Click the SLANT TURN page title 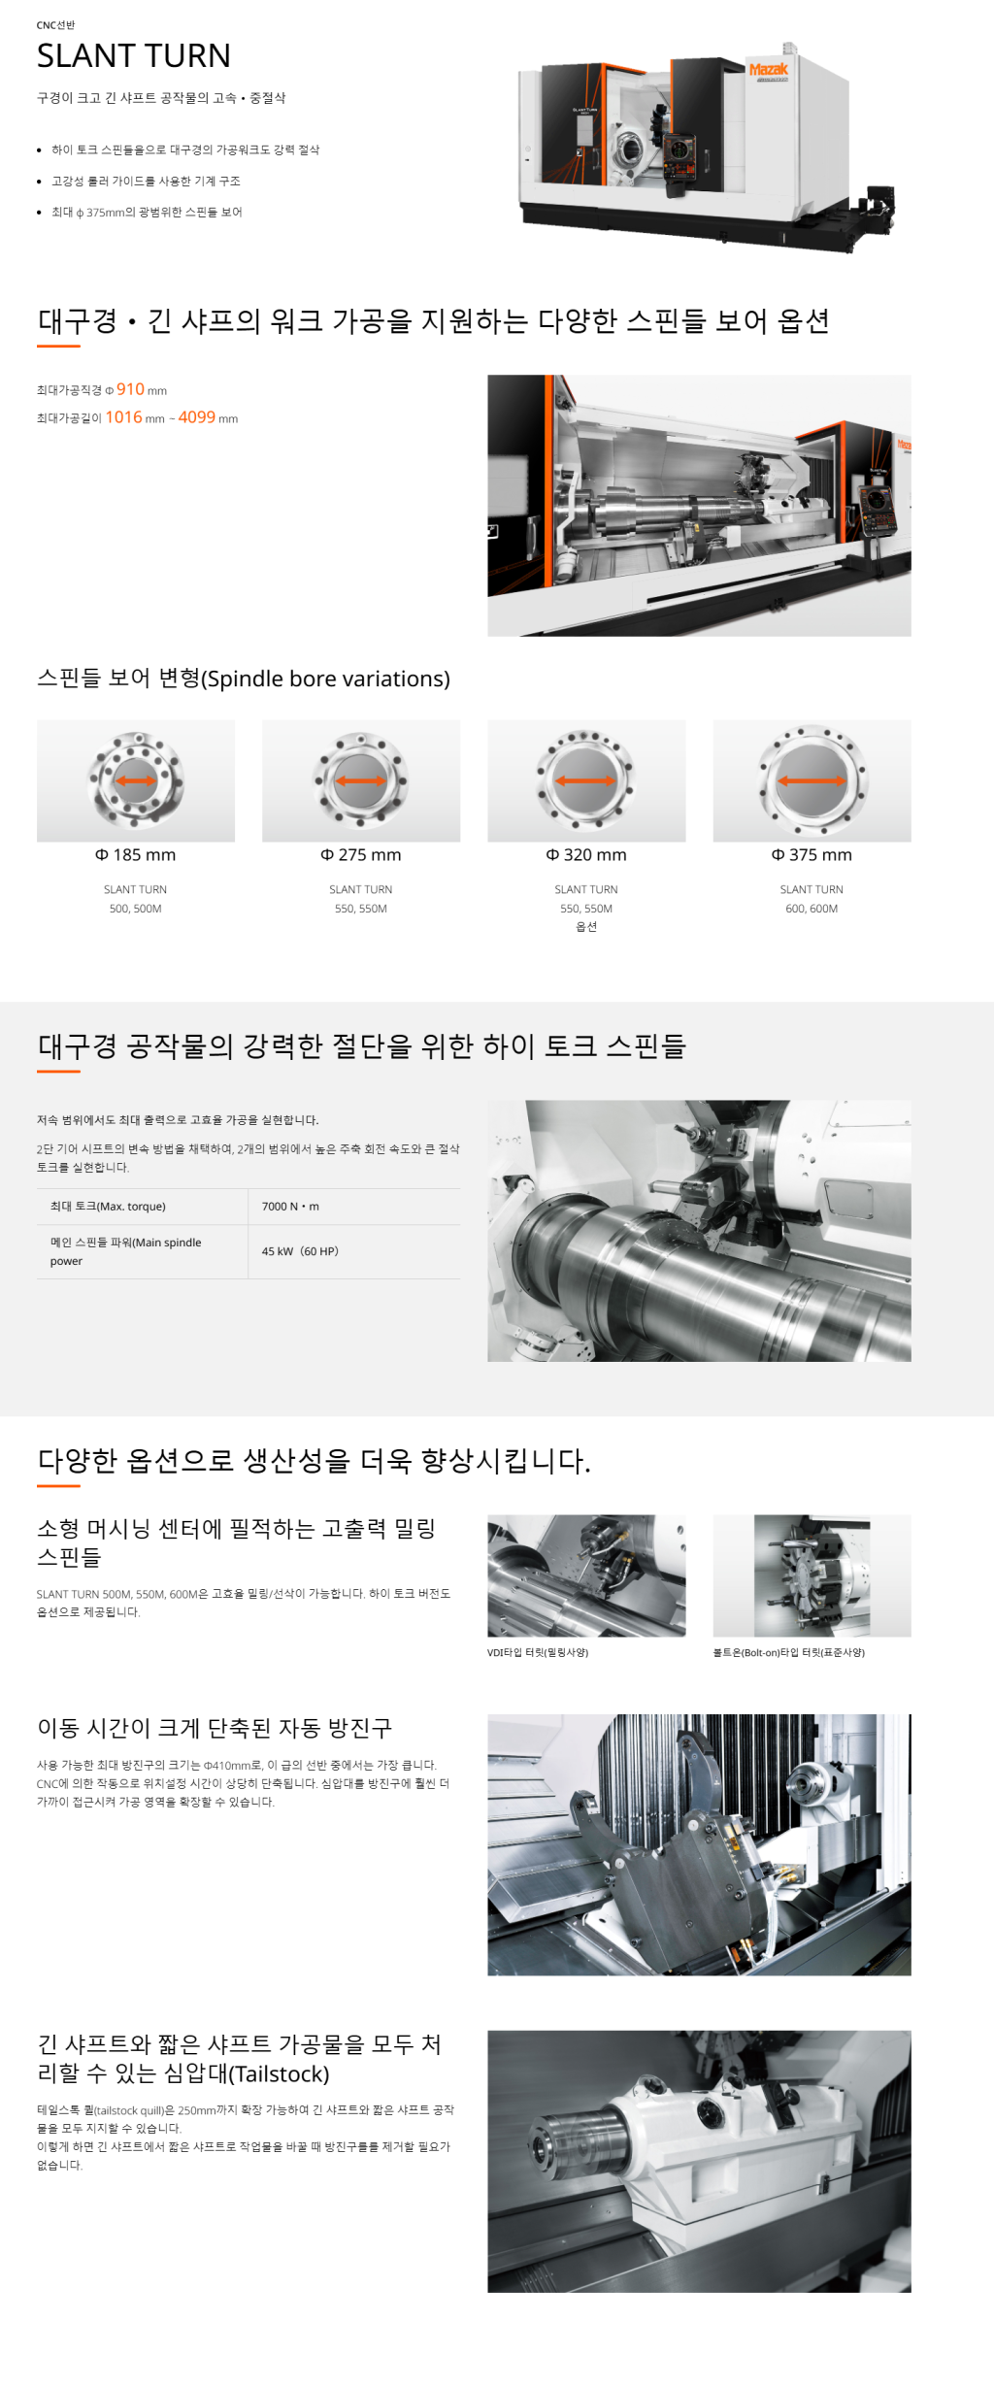134,56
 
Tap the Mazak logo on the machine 768,69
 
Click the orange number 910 130,389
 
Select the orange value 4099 197,417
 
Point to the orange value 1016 124,417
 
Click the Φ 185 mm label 136,855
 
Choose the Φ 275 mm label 361,855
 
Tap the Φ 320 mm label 586,855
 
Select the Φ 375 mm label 812,855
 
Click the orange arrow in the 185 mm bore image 136,780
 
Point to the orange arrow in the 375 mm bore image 812,780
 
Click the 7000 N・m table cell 290,1207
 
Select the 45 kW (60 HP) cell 300,1251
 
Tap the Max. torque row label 108,1207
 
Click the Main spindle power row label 126,1251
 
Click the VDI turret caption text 538,1652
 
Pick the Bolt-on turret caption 789,1652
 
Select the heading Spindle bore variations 244,679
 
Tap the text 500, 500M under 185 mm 136,909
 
